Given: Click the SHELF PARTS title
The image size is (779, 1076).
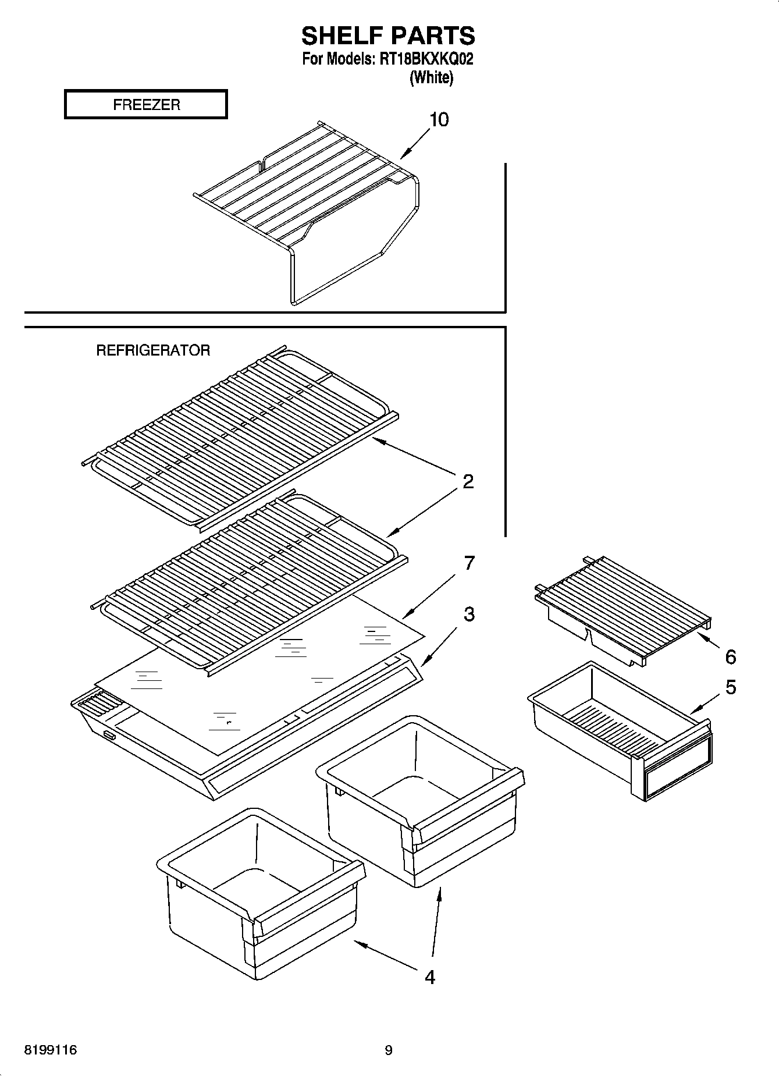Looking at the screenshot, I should coord(388,36).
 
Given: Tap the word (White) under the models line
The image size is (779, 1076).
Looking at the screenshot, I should coord(431,77).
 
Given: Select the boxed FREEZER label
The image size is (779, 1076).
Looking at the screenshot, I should coord(146,105).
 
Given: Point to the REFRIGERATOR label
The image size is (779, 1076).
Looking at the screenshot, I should coord(153,350).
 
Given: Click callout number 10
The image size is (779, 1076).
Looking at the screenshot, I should coord(439,120).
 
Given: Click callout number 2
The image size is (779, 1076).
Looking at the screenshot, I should coord(468,481).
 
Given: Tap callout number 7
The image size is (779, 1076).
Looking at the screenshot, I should coord(469,563).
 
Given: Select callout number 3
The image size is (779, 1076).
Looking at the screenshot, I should coord(469,614).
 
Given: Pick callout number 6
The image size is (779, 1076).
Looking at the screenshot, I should coord(730,657).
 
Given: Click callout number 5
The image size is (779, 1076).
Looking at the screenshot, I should coord(730,687).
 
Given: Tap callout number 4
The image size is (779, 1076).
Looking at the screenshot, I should coord(429,977).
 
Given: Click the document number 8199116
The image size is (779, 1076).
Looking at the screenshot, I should coord(51,1050).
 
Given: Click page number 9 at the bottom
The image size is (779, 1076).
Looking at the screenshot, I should coord(389,1050).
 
